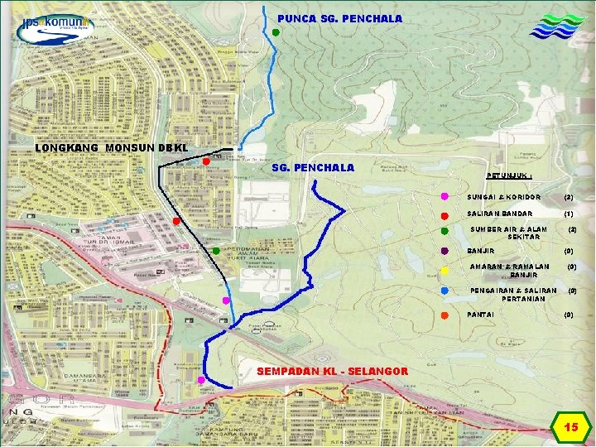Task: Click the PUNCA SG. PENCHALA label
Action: point(339,18)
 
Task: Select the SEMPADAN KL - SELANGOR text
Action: point(332,371)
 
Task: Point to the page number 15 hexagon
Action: point(570,427)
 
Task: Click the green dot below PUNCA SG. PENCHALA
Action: point(276,32)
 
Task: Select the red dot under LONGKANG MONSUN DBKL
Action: point(205,161)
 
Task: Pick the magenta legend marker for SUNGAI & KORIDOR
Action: point(445,197)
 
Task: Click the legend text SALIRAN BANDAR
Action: point(500,214)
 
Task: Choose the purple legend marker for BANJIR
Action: point(445,251)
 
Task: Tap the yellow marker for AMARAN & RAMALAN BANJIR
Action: point(445,271)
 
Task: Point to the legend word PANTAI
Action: point(481,315)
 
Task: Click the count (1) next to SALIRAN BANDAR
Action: point(569,214)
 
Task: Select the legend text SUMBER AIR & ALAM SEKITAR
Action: point(508,233)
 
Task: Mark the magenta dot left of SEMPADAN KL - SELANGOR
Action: point(201,379)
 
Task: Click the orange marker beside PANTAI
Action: point(445,315)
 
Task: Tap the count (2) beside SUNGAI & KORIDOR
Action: point(569,198)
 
